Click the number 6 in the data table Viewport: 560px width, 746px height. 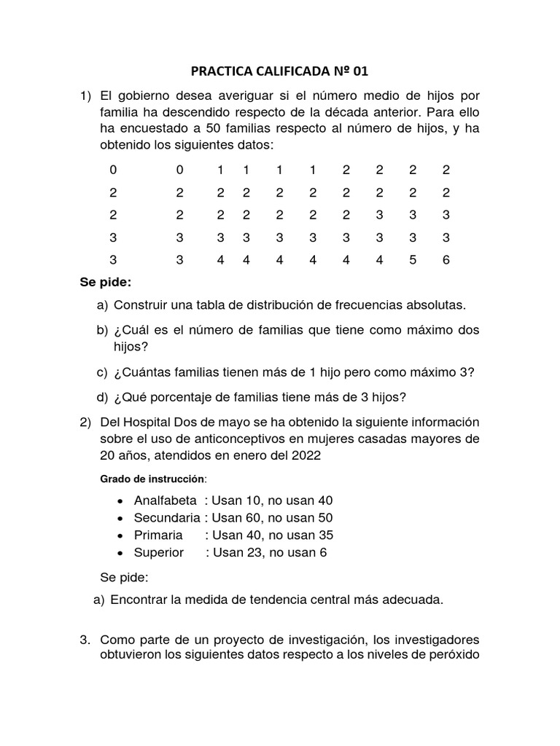coord(446,259)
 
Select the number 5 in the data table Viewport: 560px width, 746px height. coord(413,259)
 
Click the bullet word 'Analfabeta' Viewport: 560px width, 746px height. coord(166,500)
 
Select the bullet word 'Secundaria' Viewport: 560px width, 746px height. coord(167,518)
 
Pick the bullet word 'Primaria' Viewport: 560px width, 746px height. coord(157,535)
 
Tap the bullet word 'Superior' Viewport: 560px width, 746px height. coord(159,553)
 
